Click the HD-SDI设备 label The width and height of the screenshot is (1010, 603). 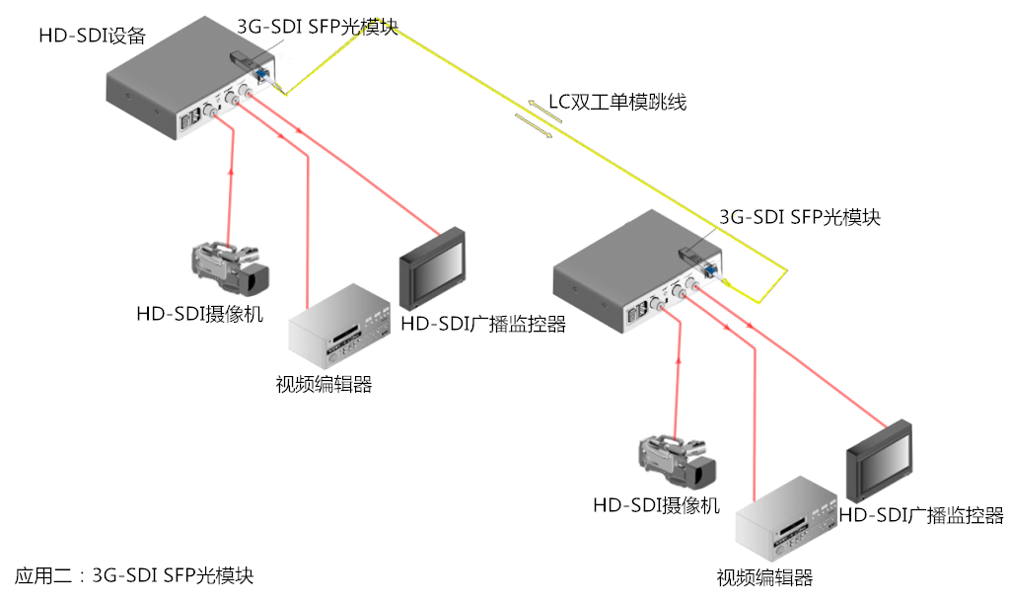click(92, 36)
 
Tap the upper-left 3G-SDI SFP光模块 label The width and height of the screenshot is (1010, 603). click(318, 27)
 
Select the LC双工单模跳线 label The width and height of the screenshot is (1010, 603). click(617, 102)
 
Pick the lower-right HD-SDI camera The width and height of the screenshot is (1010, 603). click(677, 462)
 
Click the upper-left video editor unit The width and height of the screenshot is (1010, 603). click(339, 326)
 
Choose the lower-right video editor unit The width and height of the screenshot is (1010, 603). click(786, 519)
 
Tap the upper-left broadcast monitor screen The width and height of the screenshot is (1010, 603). click(432, 268)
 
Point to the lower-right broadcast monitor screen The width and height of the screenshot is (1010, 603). click(879, 461)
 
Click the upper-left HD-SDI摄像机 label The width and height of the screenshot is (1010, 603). click(199, 314)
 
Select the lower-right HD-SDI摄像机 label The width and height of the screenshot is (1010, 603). click(656, 505)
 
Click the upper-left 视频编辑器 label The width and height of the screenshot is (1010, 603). click(324, 384)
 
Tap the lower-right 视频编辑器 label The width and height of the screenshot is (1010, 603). click(764, 577)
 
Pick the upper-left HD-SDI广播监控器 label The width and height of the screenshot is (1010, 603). click(483, 324)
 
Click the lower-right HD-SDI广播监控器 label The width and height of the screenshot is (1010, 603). click(921, 515)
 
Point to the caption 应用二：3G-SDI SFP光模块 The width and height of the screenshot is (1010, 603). click(134, 574)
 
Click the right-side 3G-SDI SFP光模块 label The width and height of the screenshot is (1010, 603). click(799, 217)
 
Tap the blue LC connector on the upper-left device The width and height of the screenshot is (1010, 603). click(262, 74)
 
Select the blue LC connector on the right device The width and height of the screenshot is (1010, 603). click(711, 269)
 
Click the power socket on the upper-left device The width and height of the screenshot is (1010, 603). click(190, 121)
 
